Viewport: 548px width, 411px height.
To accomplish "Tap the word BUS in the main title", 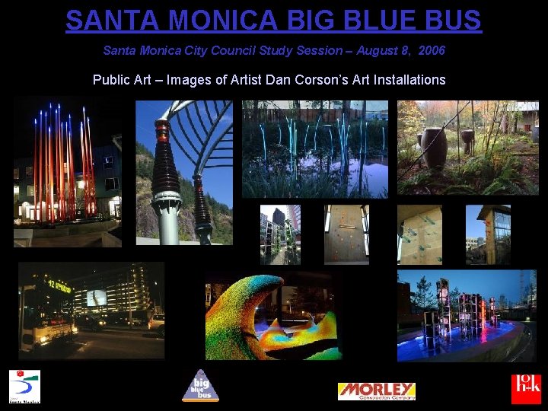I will (451, 20).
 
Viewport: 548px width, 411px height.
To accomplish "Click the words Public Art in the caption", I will (122, 79).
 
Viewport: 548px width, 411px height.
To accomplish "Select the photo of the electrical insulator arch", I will (184, 173).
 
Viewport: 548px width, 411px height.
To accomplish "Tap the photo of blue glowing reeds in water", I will (315, 149).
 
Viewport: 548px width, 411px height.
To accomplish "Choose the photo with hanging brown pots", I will (467, 148).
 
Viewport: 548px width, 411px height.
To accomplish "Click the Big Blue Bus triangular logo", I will (200, 385).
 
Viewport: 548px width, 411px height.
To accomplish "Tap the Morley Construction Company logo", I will (376, 391).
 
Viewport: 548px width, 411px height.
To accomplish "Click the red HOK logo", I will (526, 388).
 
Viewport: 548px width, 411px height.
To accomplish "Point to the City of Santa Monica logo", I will (24, 386).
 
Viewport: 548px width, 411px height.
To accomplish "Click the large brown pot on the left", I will (435, 146).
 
